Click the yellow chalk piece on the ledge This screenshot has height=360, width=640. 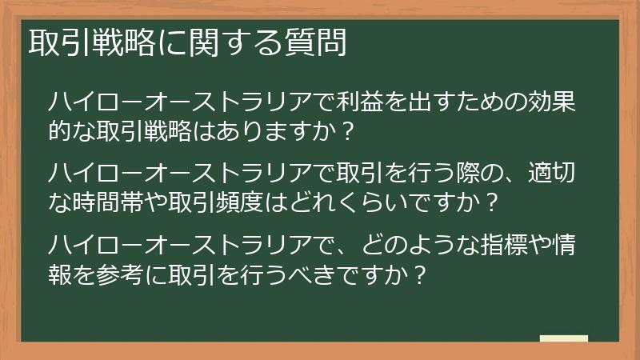pos(563,338)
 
